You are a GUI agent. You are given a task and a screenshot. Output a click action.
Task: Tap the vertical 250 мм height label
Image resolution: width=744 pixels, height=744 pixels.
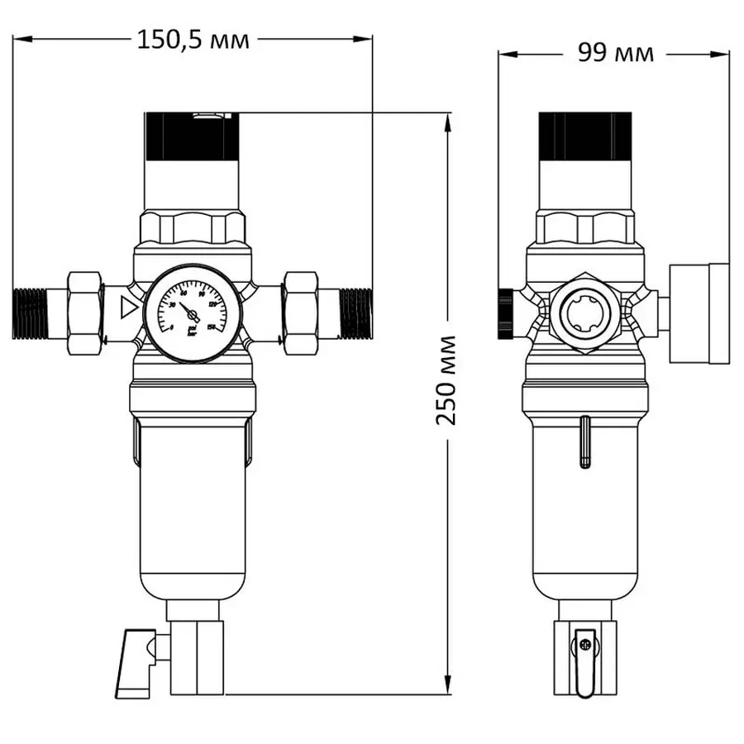446,379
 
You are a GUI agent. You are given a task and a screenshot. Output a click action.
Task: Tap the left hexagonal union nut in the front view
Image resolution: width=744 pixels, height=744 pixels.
83,312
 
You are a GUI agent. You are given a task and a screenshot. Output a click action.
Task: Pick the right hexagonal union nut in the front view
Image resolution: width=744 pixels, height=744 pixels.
299,312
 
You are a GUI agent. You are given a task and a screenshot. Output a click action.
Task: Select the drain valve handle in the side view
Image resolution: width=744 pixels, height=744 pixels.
585,661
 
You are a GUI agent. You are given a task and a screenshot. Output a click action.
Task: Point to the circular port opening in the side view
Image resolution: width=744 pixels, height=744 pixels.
585,314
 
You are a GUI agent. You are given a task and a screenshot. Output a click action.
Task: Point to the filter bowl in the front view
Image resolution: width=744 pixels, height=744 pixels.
192,513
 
